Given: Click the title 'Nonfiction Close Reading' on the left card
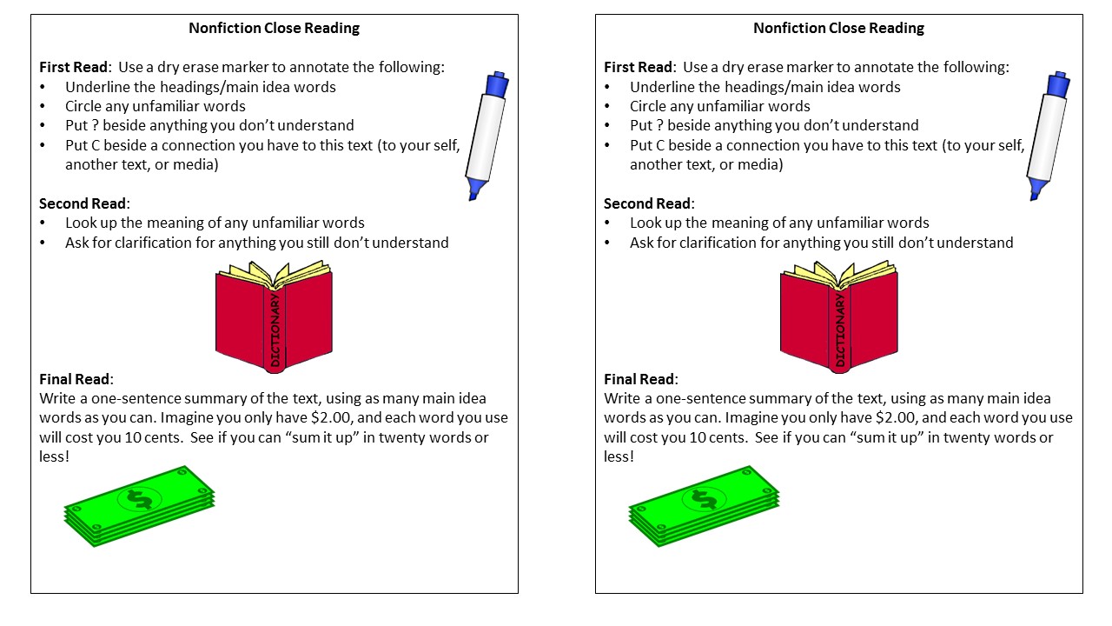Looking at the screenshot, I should (274, 28).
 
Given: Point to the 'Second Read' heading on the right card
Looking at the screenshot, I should (647, 203).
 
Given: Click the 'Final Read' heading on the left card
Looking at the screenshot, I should (76, 379).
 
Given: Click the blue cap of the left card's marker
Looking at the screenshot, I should (496, 84).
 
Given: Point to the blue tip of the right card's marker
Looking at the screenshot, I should (1035, 189).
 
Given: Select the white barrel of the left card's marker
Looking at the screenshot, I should (485, 135).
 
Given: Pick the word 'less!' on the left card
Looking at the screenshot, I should (54, 456).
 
